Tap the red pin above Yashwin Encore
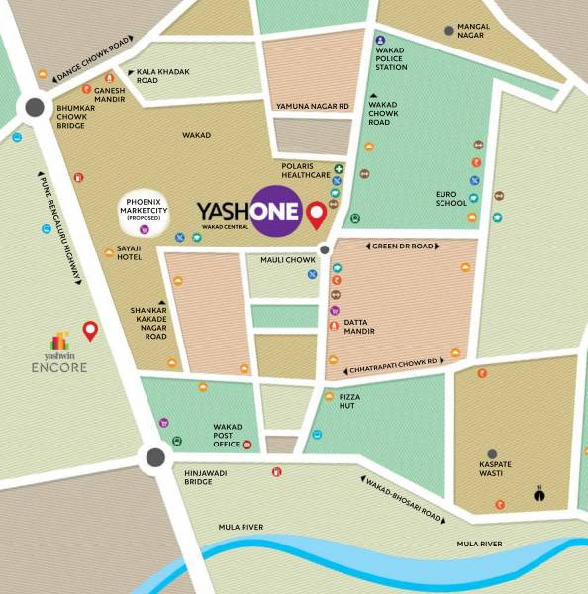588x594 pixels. (x=89, y=331)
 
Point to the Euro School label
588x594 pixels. (x=450, y=198)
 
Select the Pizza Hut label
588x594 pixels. (x=347, y=400)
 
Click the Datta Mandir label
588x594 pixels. (x=358, y=326)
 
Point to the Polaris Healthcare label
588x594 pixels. (x=306, y=170)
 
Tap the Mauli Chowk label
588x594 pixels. (x=287, y=260)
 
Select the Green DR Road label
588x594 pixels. (x=405, y=246)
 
